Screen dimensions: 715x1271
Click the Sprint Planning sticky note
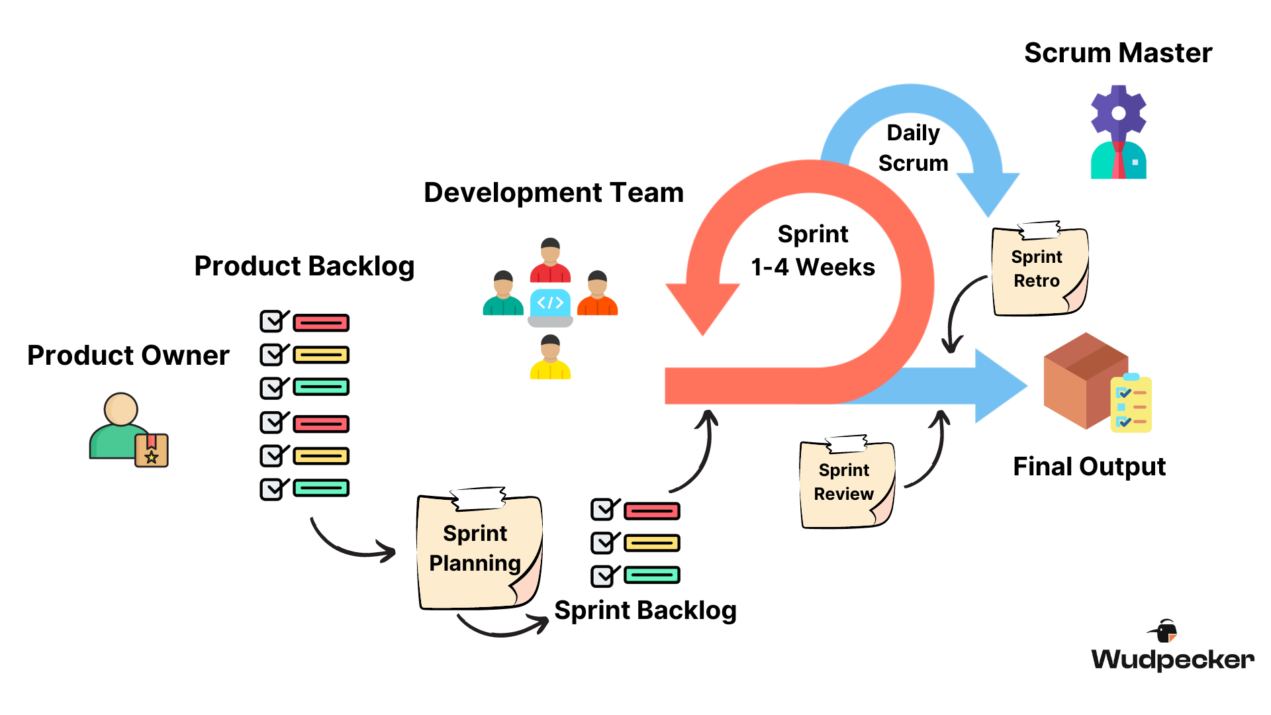click(478, 549)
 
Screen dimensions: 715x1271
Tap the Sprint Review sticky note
click(845, 483)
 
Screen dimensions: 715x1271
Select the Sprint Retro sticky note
click(1038, 270)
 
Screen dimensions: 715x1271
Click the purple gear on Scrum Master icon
click(1118, 113)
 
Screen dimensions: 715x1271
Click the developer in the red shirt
click(550, 261)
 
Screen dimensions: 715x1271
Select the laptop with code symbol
click(550, 307)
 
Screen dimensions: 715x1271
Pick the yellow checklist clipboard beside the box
click(1131, 404)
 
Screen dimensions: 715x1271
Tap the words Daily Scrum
click(913, 148)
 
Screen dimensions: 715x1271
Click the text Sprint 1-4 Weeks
click(813, 251)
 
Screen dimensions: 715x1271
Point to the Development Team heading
click(553, 193)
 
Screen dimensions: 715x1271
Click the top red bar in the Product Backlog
click(321, 323)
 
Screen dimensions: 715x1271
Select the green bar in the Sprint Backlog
click(652, 575)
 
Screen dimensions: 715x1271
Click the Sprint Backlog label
click(645, 610)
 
